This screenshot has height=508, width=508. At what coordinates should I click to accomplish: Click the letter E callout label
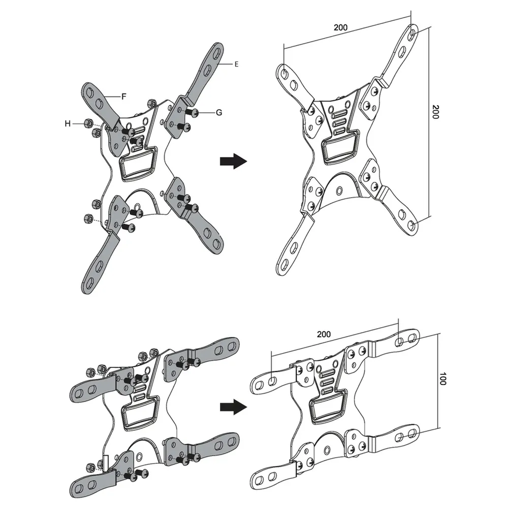[237, 64]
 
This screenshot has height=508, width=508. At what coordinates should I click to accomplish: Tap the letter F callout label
[123, 95]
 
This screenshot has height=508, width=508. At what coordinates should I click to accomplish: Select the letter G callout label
[219, 112]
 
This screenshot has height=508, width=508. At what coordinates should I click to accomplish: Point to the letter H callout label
[68, 123]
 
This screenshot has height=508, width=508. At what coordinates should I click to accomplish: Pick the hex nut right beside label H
[87, 123]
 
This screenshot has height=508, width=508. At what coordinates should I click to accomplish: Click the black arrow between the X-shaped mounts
[233, 162]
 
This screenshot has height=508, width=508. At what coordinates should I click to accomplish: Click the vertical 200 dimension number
[435, 112]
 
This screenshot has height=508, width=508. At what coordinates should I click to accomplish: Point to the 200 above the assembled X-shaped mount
[341, 28]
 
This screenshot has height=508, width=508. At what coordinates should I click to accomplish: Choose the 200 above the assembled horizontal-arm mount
[324, 334]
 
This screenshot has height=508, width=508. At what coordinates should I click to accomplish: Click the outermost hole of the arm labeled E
[217, 52]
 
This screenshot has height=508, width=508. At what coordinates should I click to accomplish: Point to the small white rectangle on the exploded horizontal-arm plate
[106, 463]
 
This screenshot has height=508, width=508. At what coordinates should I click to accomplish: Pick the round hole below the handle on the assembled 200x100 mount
[328, 449]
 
